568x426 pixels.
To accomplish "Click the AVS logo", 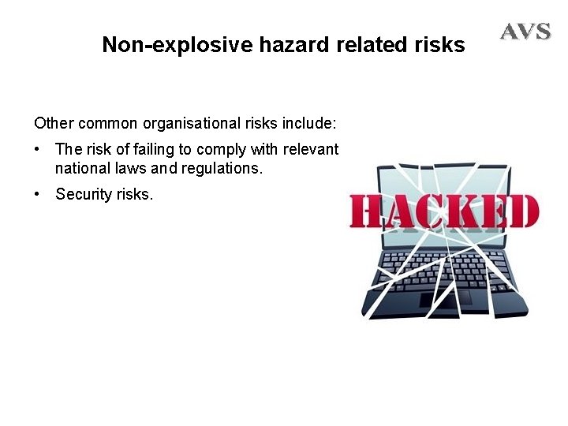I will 525,32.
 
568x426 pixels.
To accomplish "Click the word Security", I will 81,194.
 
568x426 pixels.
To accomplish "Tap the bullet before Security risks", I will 38,194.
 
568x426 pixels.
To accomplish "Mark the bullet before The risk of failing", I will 38,149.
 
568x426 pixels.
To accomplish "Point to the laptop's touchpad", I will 445,298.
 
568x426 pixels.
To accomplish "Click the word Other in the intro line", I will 51,124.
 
